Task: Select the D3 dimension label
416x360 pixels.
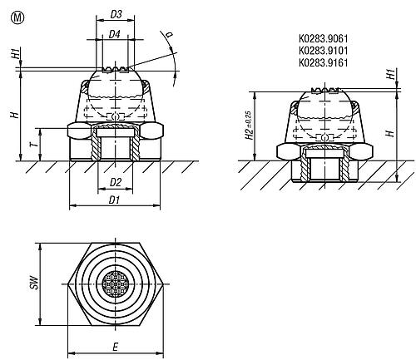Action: click(116, 14)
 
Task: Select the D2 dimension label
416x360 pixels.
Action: click(116, 182)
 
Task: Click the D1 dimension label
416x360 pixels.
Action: click(116, 201)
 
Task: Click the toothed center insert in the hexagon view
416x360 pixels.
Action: click(116, 286)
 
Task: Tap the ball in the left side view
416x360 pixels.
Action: click(116, 91)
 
